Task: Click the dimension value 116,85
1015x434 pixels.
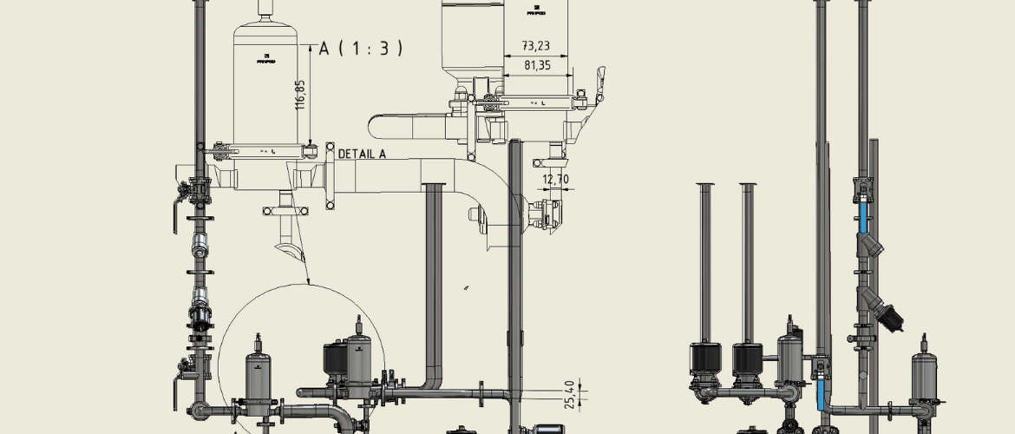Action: pyautogui.click(x=300, y=95)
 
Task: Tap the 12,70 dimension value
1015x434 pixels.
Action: pyautogui.click(x=555, y=180)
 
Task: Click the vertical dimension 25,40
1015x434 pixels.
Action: pyautogui.click(x=569, y=393)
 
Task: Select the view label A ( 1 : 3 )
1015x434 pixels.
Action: pyautogui.click(x=361, y=49)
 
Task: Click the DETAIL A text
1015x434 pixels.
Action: pyautogui.click(x=362, y=154)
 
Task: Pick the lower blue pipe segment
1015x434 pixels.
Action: pyautogui.click(x=822, y=395)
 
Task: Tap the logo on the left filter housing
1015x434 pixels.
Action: pyautogui.click(x=265, y=59)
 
